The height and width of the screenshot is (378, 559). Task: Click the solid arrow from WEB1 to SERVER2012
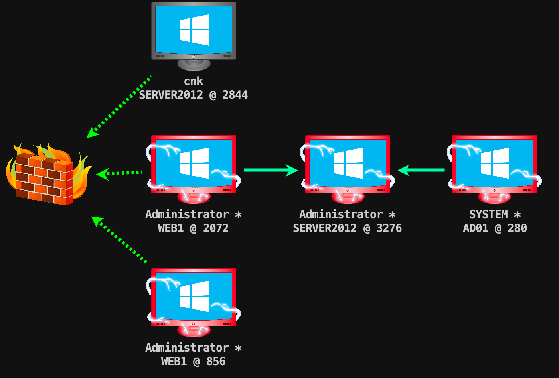tap(271, 170)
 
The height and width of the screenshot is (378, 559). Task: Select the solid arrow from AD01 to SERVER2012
tap(421, 170)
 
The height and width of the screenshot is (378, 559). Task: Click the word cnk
tap(194, 81)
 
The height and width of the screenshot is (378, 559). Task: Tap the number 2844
tap(235, 95)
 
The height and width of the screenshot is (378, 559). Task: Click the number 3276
tap(389, 228)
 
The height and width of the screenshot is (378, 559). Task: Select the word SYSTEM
tap(488, 215)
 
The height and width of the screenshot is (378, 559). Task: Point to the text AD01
tap(476, 228)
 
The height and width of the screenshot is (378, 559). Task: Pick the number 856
tap(216, 362)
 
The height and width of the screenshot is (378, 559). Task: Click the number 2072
tap(216, 228)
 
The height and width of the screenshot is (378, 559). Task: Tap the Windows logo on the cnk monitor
tap(194, 30)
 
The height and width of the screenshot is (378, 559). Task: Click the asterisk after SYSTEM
tap(517, 215)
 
